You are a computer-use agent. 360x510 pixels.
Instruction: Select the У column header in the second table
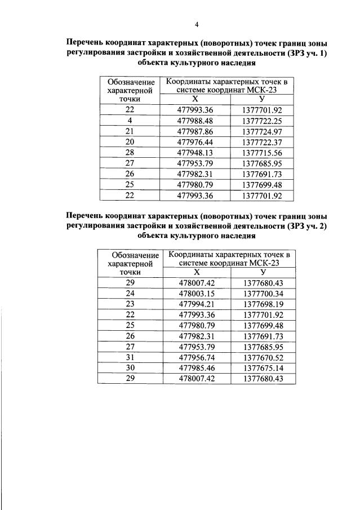tap(263, 272)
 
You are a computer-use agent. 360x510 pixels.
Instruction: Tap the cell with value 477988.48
tap(195, 121)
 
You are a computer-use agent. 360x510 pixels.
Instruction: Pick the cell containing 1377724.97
tap(261, 132)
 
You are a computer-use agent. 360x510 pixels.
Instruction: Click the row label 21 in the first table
tap(130, 132)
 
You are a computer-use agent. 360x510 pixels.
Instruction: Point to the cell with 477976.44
tap(195, 143)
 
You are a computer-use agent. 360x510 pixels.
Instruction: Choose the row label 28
tap(130, 153)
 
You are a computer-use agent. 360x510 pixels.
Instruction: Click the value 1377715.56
tap(261, 153)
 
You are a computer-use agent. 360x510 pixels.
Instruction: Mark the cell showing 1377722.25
tap(261, 121)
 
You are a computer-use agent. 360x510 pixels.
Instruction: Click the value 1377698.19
tap(263, 304)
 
